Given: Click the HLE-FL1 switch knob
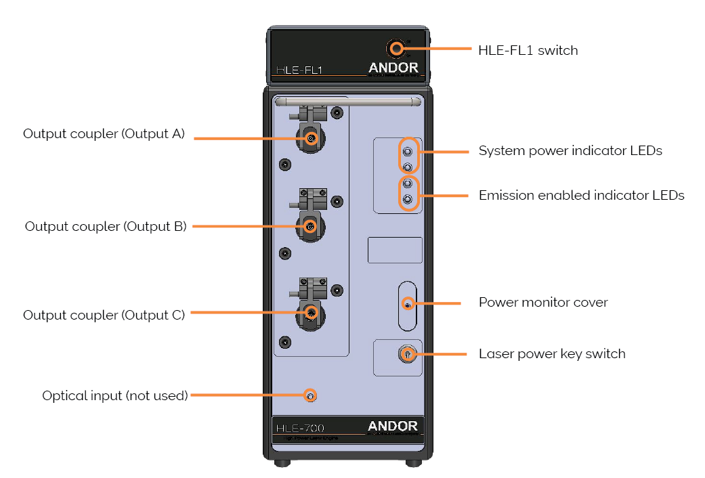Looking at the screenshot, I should tap(396, 48).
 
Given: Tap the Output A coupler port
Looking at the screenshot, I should tap(311, 138).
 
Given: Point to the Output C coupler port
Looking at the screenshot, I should tap(311, 312).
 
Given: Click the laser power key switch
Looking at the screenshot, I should tap(407, 353).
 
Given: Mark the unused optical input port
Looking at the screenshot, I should tap(310, 395).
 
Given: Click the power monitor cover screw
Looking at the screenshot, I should tap(407, 305).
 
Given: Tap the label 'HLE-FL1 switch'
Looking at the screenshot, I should tap(528, 50).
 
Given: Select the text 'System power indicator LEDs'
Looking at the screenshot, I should tap(570, 150).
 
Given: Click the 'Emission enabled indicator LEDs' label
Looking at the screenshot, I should tap(581, 196).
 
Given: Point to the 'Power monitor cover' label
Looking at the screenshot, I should tap(542, 302).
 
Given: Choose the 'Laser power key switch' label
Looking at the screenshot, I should tap(551, 353).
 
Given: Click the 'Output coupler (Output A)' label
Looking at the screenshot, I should tap(104, 133).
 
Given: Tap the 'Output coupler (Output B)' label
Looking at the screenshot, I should tap(105, 226).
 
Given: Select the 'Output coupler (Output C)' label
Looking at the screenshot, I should tap(104, 315).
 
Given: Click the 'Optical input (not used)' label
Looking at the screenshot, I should tap(114, 395).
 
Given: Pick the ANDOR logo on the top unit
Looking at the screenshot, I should tap(393, 68).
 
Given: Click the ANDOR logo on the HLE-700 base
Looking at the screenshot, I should tap(393, 426).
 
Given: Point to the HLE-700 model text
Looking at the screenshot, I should tap(300, 428).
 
